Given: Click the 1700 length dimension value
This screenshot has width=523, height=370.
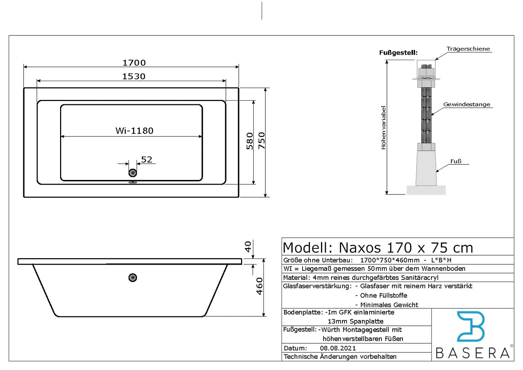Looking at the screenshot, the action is pyautogui.click(x=134, y=63).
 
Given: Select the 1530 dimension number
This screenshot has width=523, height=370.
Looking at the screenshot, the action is pyautogui.click(x=134, y=76).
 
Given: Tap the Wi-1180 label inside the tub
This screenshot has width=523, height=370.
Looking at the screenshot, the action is pyautogui.click(x=135, y=131).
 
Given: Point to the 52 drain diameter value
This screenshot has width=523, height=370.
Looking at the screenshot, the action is pyautogui.click(x=147, y=160).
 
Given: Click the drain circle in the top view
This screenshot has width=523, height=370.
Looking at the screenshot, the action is pyautogui.click(x=132, y=173).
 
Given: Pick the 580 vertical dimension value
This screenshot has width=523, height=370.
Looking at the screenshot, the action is pyautogui.click(x=250, y=141).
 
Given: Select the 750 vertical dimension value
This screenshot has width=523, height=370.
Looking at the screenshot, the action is pyautogui.click(x=262, y=140).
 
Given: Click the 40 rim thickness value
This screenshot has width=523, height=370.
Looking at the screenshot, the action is pyautogui.click(x=248, y=247).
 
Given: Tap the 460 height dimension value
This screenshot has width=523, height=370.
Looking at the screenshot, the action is pyautogui.click(x=260, y=286).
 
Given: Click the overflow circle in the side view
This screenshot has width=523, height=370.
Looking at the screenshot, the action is pyautogui.click(x=132, y=277).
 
